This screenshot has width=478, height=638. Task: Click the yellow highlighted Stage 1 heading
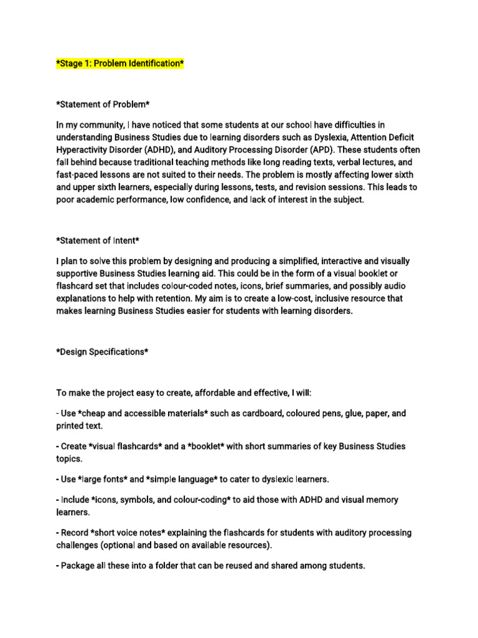pyautogui.click(x=120, y=64)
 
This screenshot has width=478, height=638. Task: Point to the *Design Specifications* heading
pyautogui.click(x=102, y=352)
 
